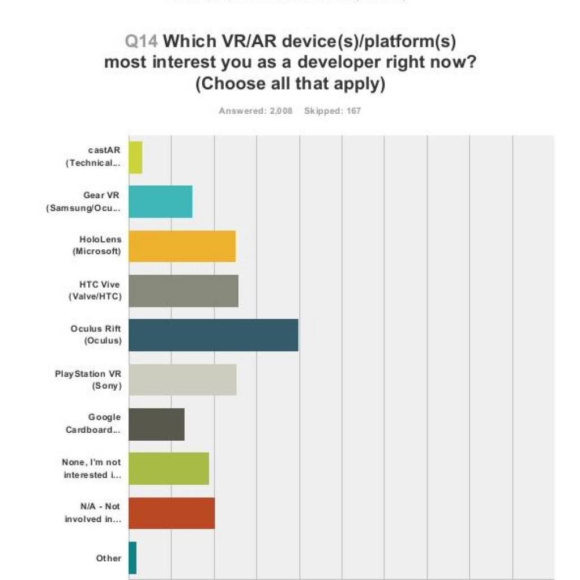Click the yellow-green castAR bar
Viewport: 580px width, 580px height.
click(135, 157)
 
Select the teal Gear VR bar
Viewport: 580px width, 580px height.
click(161, 202)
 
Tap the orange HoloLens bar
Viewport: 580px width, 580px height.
click(182, 246)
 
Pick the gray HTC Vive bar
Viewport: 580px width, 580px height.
click(184, 291)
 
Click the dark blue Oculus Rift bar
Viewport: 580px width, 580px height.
click(214, 335)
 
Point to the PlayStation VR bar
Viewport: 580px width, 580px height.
click(182, 379)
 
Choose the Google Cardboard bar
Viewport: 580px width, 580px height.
click(157, 424)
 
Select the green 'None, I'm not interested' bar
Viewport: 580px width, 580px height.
click(169, 468)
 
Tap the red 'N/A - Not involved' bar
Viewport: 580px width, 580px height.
click(172, 513)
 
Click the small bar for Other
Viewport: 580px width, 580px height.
click(133, 558)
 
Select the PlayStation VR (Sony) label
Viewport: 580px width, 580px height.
click(88, 379)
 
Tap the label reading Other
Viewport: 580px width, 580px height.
click(109, 558)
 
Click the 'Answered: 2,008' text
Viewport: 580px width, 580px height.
click(255, 111)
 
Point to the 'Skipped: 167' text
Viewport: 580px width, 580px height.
click(332, 111)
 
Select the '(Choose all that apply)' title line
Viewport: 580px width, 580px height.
click(290, 83)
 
